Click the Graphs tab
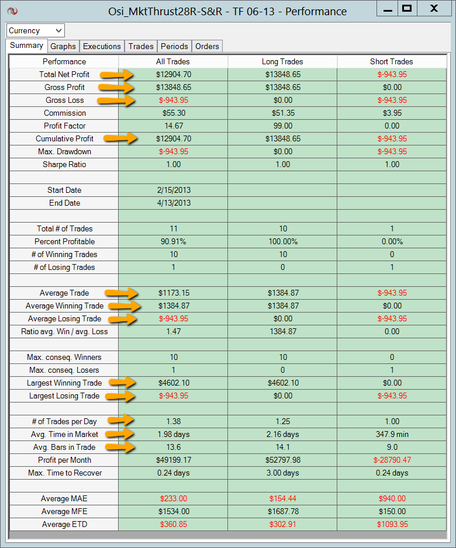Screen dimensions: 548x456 pyautogui.click(x=63, y=46)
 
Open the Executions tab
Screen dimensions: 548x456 pyautogui.click(x=102, y=46)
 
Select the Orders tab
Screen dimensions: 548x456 pyautogui.click(x=207, y=46)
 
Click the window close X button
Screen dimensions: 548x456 pyautogui.click(x=433, y=9)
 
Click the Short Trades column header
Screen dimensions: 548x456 pyautogui.click(x=391, y=61)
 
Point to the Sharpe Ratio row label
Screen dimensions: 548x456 pyautogui.click(x=64, y=164)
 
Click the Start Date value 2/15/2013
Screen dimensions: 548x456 pyautogui.click(x=174, y=190)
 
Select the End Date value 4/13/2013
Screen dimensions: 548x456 pyautogui.click(x=174, y=203)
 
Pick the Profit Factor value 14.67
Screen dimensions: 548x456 pyautogui.click(x=174, y=126)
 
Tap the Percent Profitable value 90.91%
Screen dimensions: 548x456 pyautogui.click(x=174, y=241)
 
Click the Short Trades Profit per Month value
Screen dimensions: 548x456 pyautogui.click(x=391, y=460)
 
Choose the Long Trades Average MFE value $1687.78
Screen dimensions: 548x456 pyautogui.click(x=282, y=511)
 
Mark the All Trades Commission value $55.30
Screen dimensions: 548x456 pyautogui.click(x=174, y=113)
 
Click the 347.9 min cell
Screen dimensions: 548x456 pyautogui.click(x=391, y=434)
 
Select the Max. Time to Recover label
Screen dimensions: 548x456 pyautogui.click(x=64, y=473)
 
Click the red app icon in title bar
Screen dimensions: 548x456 pyautogui.click(x=13, y=11)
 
